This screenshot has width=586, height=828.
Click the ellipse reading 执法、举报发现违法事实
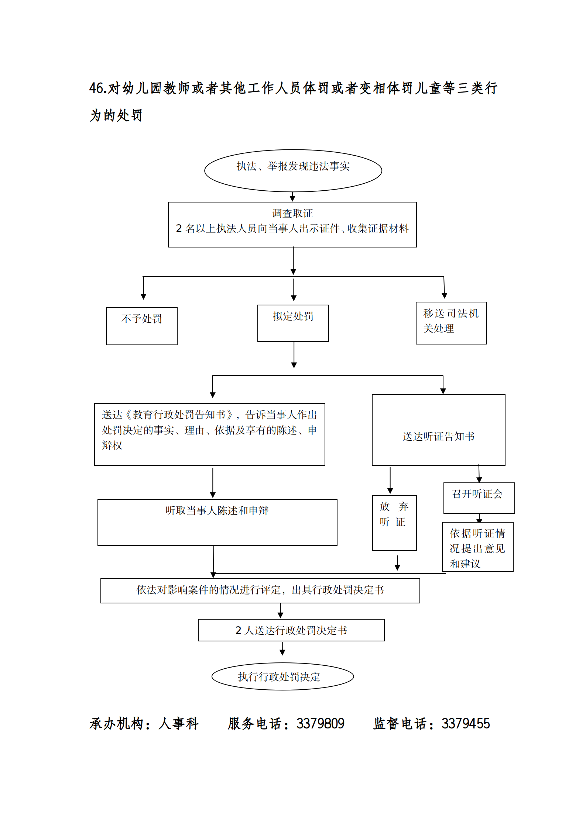pyautogui.click(x=293, y=170)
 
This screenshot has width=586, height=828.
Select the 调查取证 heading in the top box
pyautogui.click(x=292, y=213)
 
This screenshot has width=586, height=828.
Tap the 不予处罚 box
pyautogui.click(x=141, y=326)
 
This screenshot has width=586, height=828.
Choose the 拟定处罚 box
pyautogui.click(x=293, y=323)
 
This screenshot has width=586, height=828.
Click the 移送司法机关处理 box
pyautogui.click(x=451, y=323)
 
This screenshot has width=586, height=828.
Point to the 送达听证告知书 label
pyautogui.click(x=438, y=436)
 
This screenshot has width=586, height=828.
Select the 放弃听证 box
pyautogui.click(x=394, y=522)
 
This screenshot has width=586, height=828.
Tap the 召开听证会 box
pyautogui.click(x=479, y=498)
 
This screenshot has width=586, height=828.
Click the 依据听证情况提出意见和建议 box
pyautogui.click(x=477, y=547)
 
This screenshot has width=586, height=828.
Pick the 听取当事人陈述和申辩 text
pyautogui.click(x=217, y=510)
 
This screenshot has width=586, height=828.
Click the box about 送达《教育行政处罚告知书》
pyautogui.click(x=209, y=434)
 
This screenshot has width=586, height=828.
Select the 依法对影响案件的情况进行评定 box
pyautogui.click(x=260, y=590)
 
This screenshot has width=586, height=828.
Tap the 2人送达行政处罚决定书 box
pyautogui.click(x=291, y=630)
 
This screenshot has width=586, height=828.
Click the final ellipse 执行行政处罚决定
pyautogui.click(x=282, y=676)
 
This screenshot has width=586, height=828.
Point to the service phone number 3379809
pyautogui.click(x=320, y=724)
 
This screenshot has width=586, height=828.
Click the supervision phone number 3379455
pyautogui.click(x=465, y=724)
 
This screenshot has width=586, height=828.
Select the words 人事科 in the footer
pyautogui.click(x=179, y=724)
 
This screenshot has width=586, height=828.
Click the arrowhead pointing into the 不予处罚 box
pyautogui.click(x=143, y=297)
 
